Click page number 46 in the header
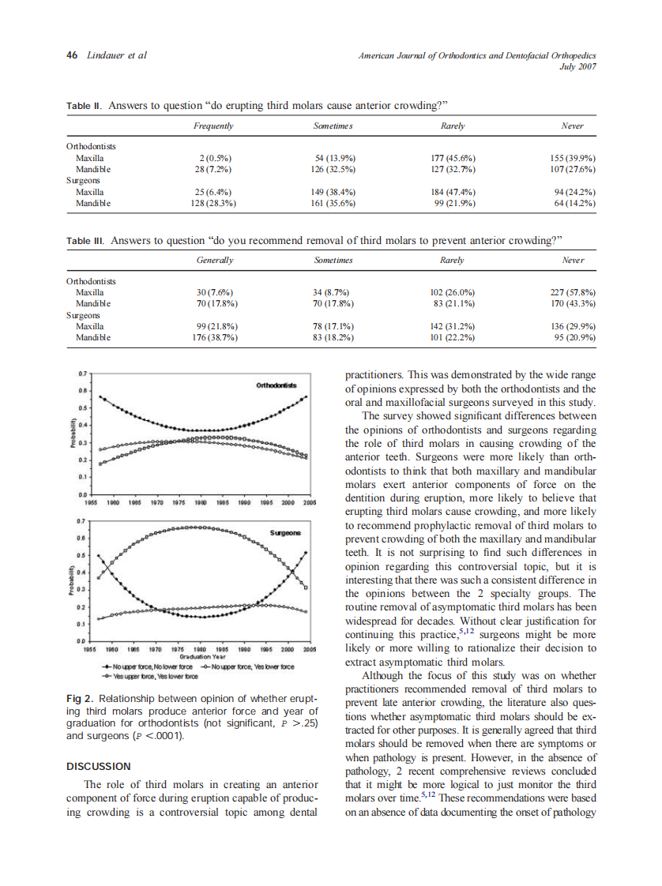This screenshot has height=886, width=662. (71, 55)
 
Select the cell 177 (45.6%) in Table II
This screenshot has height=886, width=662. (453, 158)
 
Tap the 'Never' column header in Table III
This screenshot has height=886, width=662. (573, 260)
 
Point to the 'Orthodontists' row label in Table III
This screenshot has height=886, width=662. (91, 280)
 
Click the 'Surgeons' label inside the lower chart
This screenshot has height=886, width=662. (285, 533)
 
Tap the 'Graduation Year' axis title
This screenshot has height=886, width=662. (203, 655)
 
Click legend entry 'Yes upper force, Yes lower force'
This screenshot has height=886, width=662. (150, 676)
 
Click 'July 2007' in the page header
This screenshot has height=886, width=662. (577, 67)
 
